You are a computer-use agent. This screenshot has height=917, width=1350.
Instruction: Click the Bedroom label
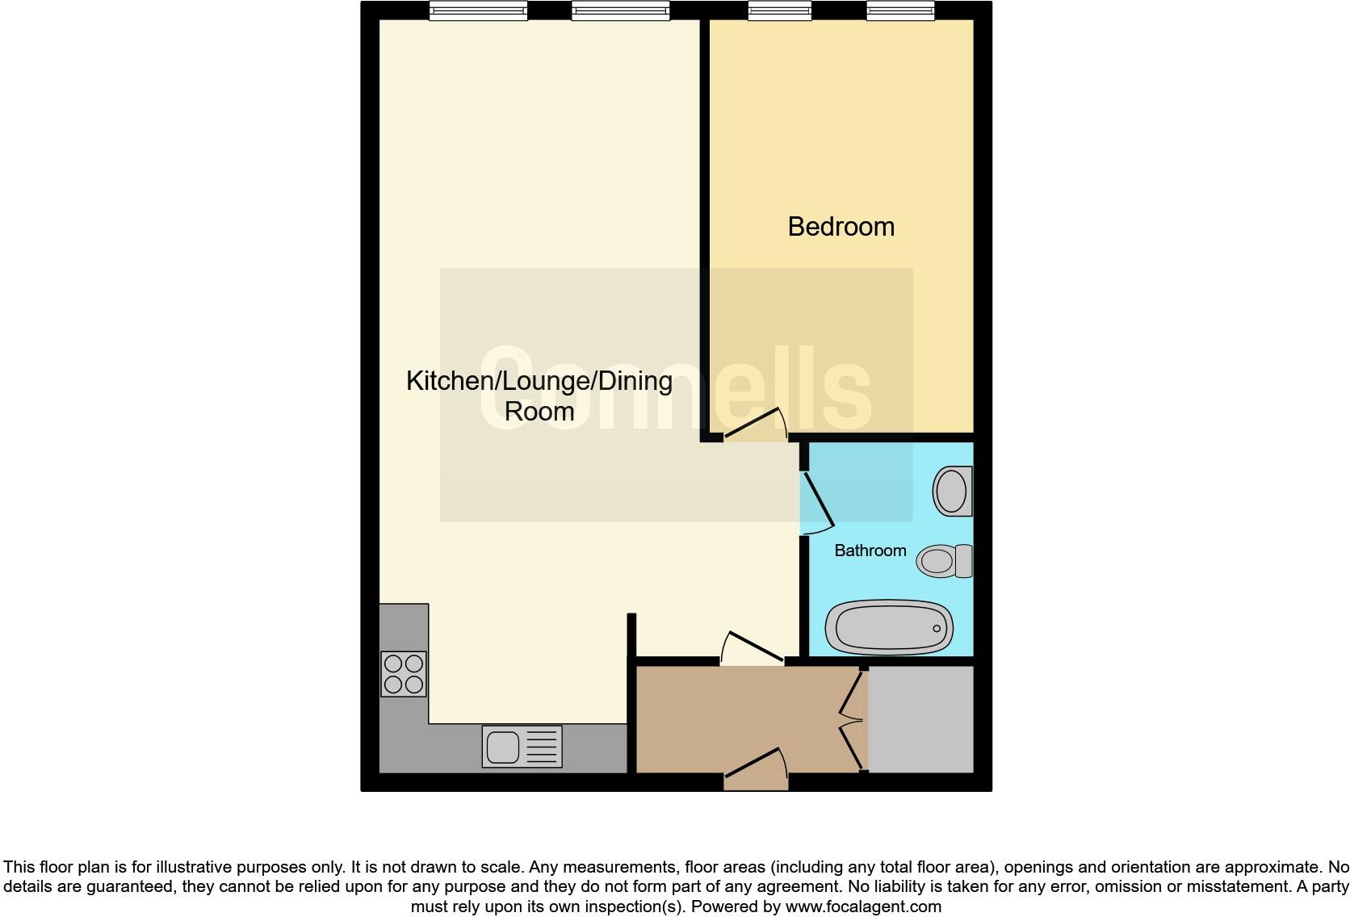pos(841,227)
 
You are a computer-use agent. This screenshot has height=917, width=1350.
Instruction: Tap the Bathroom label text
pos(870,551)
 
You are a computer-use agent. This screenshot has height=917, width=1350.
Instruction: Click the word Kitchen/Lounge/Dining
pos(539,381)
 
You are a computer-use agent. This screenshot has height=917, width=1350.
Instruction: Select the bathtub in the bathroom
pos(889,627)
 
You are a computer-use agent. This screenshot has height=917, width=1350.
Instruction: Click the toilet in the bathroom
pos(944,561)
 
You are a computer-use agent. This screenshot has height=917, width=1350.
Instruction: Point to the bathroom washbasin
pos(952,491)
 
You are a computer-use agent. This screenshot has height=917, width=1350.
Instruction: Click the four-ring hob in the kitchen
pos(404,674)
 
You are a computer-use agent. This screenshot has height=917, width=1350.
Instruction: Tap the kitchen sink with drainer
pos(522,746)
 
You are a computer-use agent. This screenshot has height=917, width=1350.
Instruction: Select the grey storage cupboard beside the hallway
pos(920,718)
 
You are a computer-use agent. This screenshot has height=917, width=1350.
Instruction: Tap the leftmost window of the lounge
pos(478,10)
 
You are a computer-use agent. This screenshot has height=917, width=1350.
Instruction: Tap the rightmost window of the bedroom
pos(900,10)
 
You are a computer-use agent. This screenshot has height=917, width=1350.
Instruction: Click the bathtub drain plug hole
pos(937,628)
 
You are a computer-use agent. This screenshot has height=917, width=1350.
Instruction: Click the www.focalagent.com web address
pos(863,907)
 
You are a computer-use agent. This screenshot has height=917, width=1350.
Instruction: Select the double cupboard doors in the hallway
pos(853,718)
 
